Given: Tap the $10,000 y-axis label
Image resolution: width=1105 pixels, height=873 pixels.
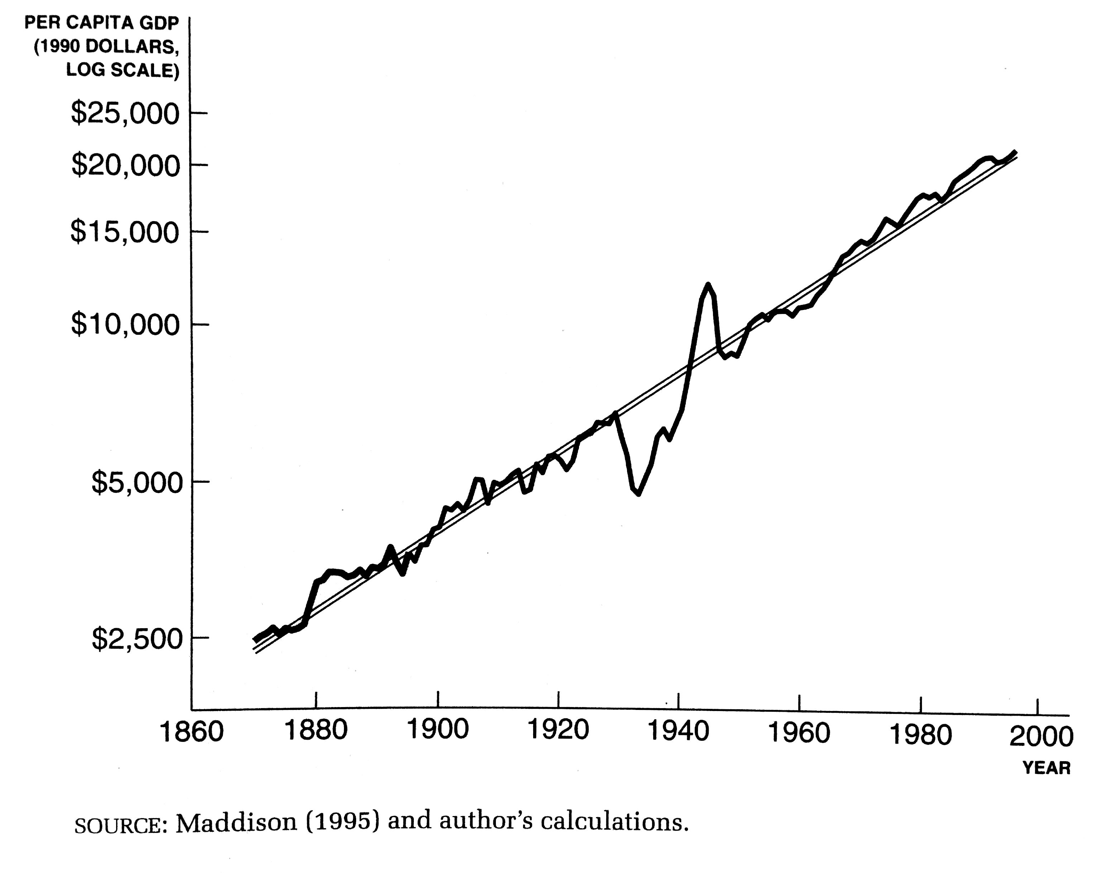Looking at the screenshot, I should [125, 324].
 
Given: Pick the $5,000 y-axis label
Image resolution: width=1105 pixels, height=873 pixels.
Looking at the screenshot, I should [137, 482].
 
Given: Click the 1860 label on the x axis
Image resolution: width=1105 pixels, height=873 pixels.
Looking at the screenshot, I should [192, 731].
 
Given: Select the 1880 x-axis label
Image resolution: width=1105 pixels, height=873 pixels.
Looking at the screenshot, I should [316, 730].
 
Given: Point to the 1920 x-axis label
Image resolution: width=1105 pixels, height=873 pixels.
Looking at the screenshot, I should [558, 730].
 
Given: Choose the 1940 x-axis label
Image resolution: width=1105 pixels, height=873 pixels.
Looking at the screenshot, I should [678, 731].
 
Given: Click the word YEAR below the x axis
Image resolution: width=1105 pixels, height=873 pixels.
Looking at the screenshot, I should [1046, 768].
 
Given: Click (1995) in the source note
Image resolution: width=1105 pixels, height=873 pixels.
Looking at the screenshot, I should [343, 821].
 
